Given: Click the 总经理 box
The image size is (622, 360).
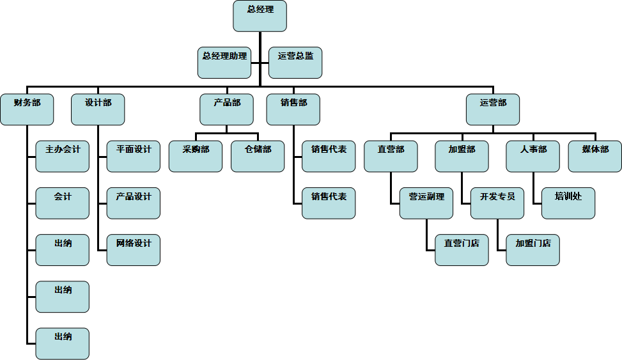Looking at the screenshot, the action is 260,16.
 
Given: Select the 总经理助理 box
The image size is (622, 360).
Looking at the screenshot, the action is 224,63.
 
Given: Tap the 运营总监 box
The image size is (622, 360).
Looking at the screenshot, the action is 295,63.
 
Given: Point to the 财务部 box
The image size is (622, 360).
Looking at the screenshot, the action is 27,109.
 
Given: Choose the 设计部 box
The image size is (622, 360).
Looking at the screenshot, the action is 98,109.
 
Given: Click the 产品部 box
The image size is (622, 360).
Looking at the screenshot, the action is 226,109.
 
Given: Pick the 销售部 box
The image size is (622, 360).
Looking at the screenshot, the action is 293,109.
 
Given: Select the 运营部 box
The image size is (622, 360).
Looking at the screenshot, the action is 493,109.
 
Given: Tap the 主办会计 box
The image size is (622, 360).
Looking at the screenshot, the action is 62,157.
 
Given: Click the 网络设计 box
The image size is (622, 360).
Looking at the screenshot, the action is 133,250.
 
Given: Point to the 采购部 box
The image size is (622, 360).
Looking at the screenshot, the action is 196,157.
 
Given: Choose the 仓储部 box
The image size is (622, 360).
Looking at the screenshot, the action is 258,157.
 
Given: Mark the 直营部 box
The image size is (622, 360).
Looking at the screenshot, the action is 391,157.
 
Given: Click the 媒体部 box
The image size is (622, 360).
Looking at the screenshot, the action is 595,157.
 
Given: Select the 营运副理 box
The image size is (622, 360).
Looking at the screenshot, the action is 426,203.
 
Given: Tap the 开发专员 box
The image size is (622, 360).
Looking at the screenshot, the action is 497,203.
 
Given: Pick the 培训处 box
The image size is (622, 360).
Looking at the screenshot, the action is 568,203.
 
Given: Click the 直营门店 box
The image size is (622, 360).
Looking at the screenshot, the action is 462,250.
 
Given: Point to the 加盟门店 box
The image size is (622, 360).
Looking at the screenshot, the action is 533,250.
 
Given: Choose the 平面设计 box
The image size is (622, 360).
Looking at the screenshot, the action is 133,157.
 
